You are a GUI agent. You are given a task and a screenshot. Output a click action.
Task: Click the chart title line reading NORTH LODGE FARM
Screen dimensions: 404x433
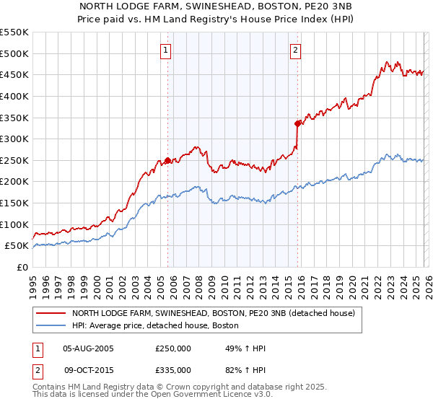point(216,6)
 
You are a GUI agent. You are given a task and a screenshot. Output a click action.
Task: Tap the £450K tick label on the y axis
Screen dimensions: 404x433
point(14,74)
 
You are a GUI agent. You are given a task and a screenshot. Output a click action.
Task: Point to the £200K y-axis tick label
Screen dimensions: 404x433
point(14,181)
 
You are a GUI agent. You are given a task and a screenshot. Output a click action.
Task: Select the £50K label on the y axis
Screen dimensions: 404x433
point(17,245)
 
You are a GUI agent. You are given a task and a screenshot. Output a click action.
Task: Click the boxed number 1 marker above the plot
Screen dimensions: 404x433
point(167,50)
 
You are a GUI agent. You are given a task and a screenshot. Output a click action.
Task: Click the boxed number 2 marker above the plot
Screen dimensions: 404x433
point(296,50)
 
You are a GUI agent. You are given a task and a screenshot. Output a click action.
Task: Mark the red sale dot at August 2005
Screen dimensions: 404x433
point(167,160)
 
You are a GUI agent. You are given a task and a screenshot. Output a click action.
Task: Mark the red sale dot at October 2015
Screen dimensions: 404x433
point(297,123)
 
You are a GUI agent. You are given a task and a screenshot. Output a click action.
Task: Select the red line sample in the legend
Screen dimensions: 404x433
point(51,314)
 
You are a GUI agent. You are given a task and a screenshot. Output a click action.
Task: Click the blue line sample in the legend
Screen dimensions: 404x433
point(51,325)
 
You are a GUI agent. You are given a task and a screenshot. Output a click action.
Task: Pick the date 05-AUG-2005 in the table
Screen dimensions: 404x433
point(88,348)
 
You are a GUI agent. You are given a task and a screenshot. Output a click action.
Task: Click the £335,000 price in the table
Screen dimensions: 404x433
point(173,370)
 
